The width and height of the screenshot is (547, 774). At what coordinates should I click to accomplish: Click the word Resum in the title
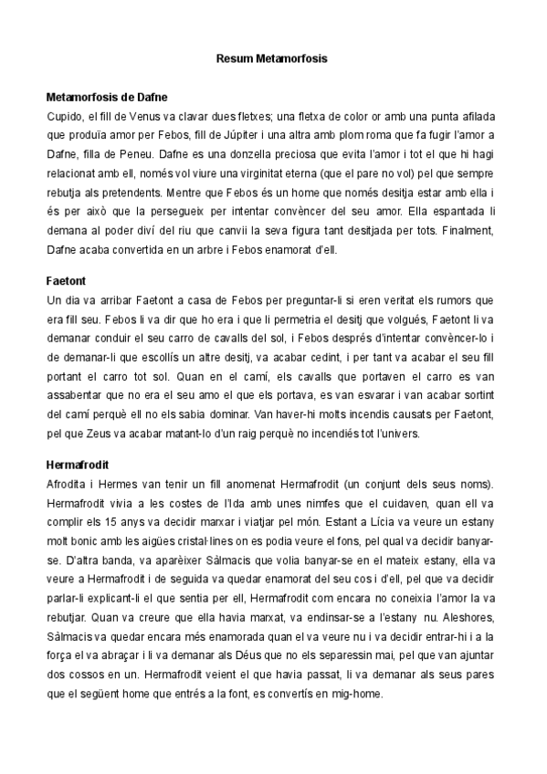point(234,58)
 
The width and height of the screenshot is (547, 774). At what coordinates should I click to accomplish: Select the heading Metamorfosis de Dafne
point(107,96)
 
